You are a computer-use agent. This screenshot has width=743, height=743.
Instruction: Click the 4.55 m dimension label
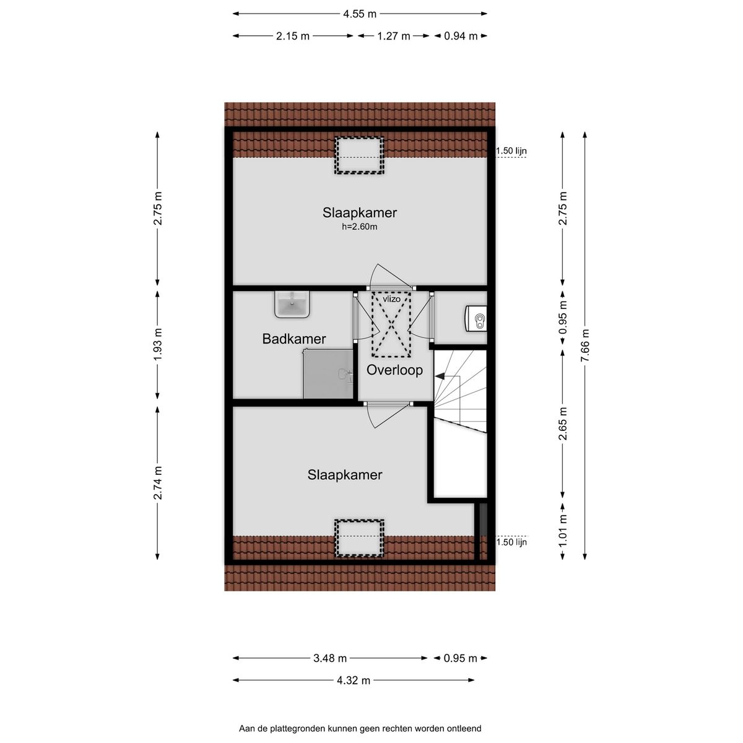point(359,14)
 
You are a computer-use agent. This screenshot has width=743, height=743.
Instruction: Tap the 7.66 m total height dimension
point(585,345)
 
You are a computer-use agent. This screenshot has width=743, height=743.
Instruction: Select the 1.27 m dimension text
point(393,36)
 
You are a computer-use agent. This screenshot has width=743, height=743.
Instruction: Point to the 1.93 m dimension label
point(158,344)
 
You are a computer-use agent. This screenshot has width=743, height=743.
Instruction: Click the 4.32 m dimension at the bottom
point(353,680)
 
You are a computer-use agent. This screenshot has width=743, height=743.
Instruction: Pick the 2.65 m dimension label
point(563,424)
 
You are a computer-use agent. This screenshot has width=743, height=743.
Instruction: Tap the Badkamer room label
point(294,339)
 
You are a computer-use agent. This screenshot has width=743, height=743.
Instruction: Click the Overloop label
point(394,370)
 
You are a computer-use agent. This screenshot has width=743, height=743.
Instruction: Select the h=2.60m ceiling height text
point(359,227)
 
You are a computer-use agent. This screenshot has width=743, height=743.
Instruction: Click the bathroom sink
point(292,304)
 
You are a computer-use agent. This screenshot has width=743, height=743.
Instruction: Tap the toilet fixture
point(476,318)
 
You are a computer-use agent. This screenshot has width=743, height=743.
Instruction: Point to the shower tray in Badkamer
point(328,373)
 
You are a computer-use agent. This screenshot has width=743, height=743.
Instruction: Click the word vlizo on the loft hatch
point(391,299)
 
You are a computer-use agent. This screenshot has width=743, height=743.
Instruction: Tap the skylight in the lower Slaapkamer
point(359,538)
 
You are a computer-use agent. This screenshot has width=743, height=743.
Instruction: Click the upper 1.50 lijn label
point(511,150)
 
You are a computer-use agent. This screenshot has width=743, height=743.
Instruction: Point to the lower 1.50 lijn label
point(511,542)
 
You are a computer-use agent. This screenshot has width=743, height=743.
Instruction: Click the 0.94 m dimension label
point(461,36)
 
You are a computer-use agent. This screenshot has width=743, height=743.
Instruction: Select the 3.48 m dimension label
point(330,658)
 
